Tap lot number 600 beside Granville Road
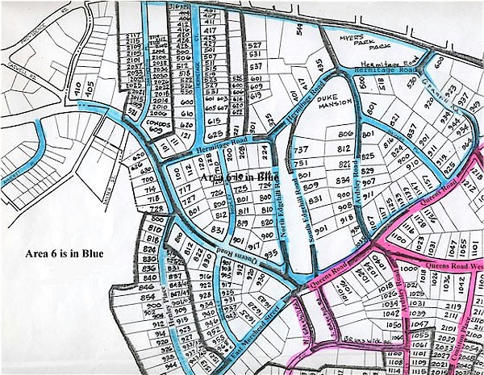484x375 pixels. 438,61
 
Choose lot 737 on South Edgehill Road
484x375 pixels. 302,150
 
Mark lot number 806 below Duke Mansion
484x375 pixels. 347,134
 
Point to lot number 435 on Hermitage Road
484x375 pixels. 319,64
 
